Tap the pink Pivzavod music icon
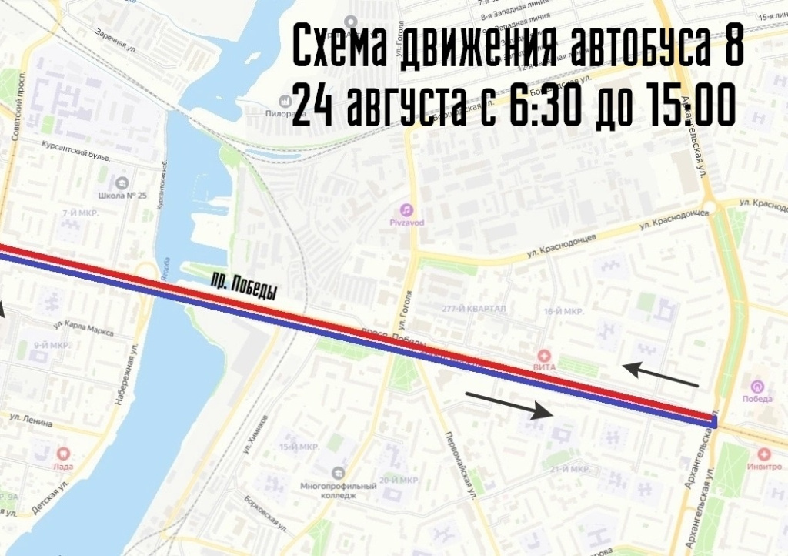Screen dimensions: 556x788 coord(406,209)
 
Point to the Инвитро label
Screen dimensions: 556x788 coord(763,467)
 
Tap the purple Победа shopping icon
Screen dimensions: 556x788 coord(757,387)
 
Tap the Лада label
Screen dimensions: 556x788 coord(64,466)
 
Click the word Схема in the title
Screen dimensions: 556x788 coord(342,50)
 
